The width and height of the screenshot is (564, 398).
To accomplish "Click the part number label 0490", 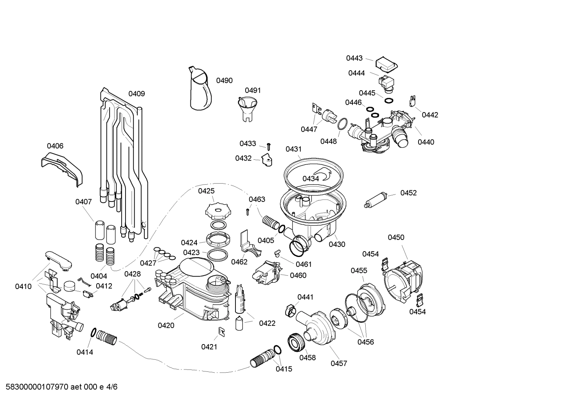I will pyautogui.click(x=224, y=80).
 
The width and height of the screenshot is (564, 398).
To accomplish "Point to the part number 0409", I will pyautogui.click(x=137, y=94).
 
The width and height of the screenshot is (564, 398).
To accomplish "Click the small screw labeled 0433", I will pyautogui.click(x=269, y=146).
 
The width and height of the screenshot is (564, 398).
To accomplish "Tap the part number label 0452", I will pyautogui.click(x=408, y=193).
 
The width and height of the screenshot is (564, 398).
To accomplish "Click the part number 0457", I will pyautogui.click(x=339, y=363).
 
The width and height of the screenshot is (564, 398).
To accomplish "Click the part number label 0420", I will pyautogui.click(x=166, y=325).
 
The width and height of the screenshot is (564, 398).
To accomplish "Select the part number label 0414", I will pyautogui.click(x=84, y=352).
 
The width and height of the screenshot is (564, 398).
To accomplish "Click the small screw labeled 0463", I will pyautogui.click(x=248, y=211).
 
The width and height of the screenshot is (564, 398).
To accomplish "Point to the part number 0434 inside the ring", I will pyautogui.click(x=311, y=178).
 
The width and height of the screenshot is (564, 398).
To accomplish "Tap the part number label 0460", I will pyautogui.click(x=298, y=275).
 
